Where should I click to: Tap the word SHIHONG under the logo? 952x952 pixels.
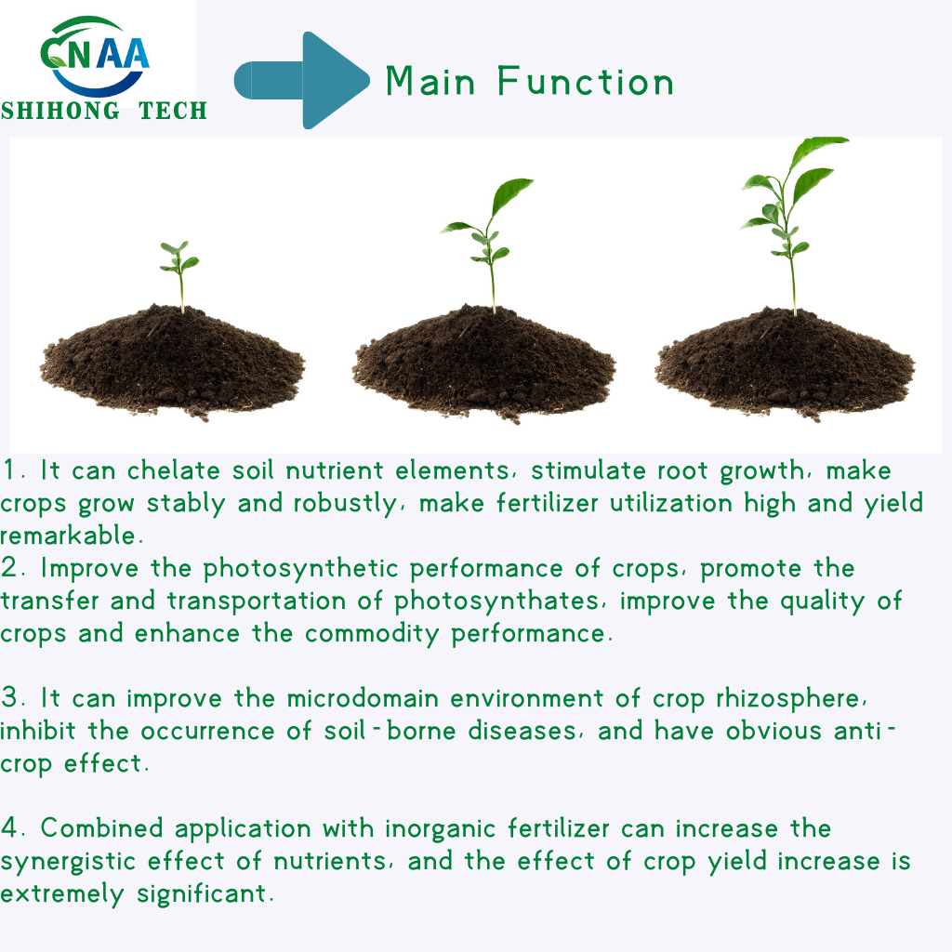60,112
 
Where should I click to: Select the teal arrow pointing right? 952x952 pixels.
303,80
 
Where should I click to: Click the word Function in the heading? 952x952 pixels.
586,82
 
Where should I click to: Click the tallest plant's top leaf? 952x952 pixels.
818,148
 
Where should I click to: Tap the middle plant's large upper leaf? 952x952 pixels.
512,195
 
